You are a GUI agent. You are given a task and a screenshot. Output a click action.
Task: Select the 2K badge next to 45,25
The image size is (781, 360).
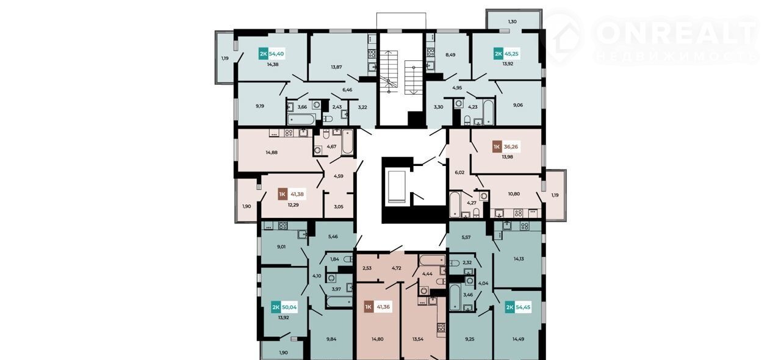(x=498, y=54)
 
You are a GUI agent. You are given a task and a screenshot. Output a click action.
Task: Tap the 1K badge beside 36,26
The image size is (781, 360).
(x=497, y=147)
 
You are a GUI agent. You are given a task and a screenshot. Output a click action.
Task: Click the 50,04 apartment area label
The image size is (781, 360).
(x=289, y=308)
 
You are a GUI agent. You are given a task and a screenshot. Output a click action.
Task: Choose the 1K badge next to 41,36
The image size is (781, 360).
(x=368, y=307)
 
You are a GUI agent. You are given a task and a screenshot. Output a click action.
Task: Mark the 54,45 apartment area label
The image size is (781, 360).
(x=523, y=308)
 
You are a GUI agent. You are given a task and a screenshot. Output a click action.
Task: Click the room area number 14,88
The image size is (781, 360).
(x=272, y=152)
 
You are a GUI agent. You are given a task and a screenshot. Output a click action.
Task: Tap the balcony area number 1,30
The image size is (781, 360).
(x=512, y=21)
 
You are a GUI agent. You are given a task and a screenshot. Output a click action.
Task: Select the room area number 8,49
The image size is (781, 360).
(x=450, y=55)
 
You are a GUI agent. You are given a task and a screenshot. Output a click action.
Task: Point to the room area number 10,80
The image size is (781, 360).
(x=514, y=193)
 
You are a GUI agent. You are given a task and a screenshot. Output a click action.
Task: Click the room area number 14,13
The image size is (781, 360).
(x=519, y=259)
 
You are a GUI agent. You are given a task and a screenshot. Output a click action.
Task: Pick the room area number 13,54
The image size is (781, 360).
(x=418, y=339)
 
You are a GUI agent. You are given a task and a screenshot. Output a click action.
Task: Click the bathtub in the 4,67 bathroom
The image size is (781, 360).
(x=347, y=142)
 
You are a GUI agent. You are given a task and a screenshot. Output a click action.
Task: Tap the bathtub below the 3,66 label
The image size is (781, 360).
(x=301, y=120)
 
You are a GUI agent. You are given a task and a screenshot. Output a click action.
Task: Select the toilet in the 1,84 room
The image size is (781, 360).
(x=348, y=259)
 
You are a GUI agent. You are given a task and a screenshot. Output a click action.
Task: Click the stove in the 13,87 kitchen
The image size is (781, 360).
(x=372, y=54)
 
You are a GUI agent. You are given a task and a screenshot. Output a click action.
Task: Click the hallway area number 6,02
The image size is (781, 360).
(x=460, y=172)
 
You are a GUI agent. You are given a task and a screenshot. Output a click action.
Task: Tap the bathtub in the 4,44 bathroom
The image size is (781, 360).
(x=433, y=260)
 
